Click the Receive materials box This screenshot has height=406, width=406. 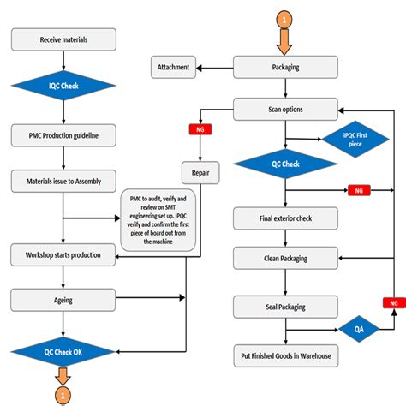click(x=63, y=40)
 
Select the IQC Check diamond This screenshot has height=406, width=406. click(x=63, y=87)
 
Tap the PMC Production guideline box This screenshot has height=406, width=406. click(x=63, y=135)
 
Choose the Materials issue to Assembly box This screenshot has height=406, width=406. click(x=63, y=180)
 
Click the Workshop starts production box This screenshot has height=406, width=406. click(x=63, y=254)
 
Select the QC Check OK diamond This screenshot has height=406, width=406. click(x=63, y=350)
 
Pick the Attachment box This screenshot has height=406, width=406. click(x=174, y=66)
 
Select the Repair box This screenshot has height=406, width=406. click(x=200, y=171)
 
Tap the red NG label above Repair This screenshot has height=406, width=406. click(x=200, y=130)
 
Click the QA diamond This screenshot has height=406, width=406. click(x=349, y=326)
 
